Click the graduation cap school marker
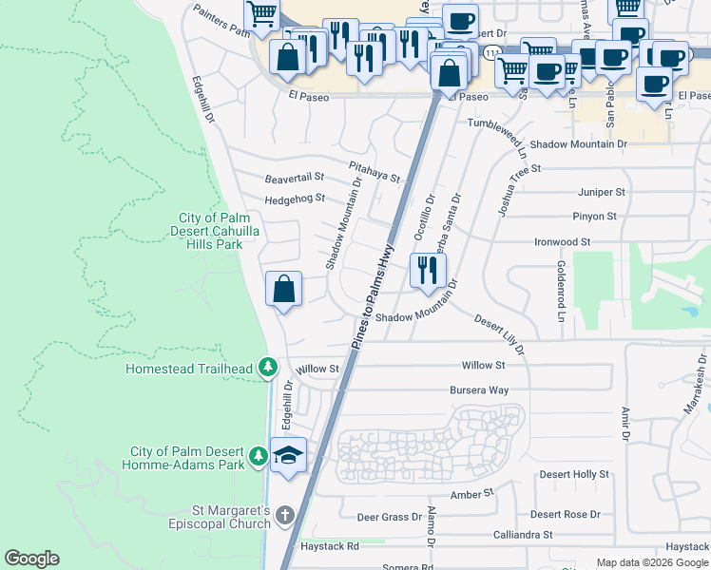click(289, 454)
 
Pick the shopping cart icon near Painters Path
click(261, 14)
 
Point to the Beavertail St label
click(295, 178)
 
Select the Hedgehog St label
click(295, 199)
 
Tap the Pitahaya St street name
click(374, 171)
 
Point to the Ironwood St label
click(562, 242)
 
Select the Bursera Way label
click(479, 390)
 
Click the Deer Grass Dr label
click(389, 518)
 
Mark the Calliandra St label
click(522, 535)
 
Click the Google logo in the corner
click(31, 559)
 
